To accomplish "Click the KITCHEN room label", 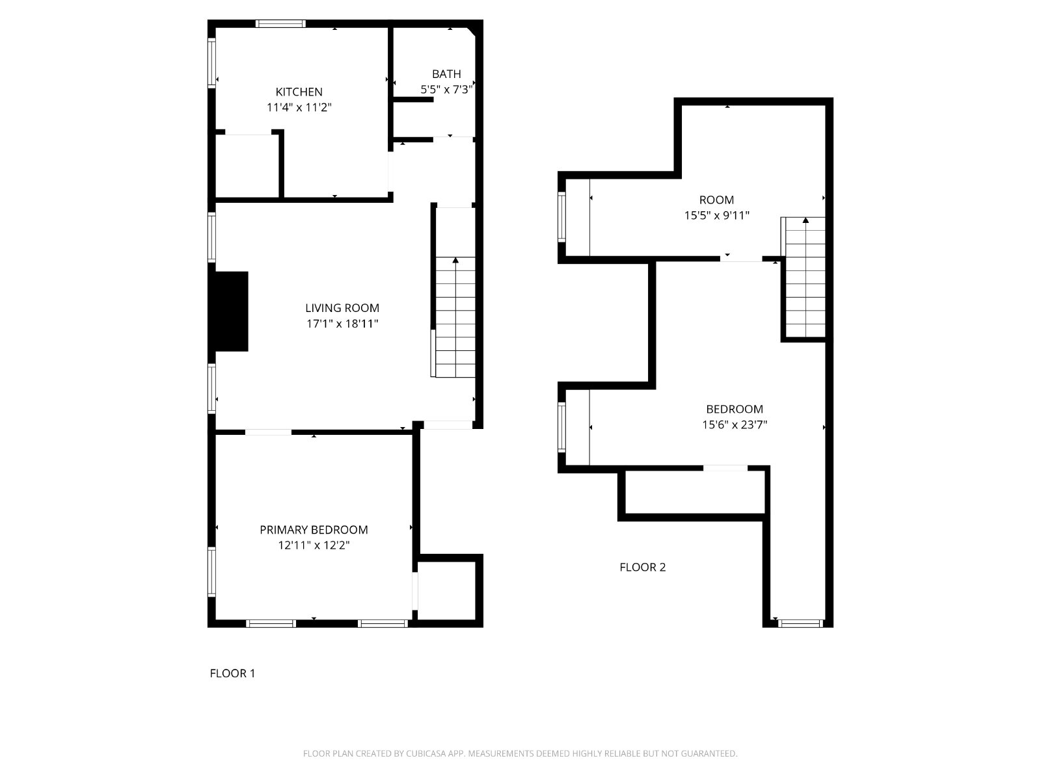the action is (299, 92).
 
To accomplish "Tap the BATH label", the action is (446, 74).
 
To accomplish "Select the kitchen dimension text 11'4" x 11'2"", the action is (299, 107).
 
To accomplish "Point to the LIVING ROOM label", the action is (342, 308).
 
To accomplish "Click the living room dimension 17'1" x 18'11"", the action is (342, 324).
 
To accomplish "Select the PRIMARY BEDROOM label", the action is (314, 530).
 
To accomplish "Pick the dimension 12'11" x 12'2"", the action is (314, 545).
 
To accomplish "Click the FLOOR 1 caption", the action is (232, 673).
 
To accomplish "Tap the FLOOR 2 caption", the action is (643, 567).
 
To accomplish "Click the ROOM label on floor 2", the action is (716, 200).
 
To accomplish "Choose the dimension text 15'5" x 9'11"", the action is (716, 216).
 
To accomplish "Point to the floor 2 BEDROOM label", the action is (735, 409).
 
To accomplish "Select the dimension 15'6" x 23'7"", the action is (735, 425).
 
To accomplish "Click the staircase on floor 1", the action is (455, 317).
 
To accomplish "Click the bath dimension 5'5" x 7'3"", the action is (446, 90).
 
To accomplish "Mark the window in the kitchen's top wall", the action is (281, 23).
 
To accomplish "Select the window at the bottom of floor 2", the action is (800, 624).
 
